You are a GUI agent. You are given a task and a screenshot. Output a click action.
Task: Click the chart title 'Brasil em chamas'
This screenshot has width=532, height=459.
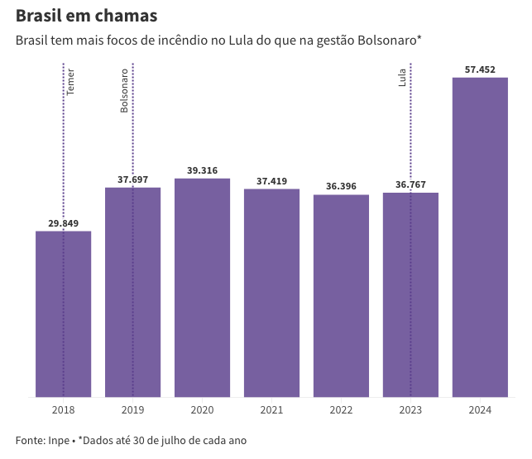pyautogui.click(x=87, y=17)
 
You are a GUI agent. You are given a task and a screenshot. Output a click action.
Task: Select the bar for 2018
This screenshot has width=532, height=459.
pyautogui.click(x=63, y=314)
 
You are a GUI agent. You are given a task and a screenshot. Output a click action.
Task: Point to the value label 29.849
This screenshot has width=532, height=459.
pyautogui.click(x=63, y=223)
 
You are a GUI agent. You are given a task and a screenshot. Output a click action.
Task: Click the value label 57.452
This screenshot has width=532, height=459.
pyautogui.click(x=480, y=69)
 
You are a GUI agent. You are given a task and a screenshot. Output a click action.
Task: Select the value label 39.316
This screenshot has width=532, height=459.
pyautogui.click(x=202, y=170)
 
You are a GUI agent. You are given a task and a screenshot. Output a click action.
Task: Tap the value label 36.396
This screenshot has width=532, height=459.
pyautogui.click(x=341, y=187)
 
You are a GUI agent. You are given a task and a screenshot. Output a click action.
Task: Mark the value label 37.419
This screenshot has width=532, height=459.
pyautogui.click(x=271, y=181)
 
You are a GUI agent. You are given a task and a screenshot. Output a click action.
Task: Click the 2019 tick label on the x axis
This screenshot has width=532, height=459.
pyautogui.click(x=132, y=410)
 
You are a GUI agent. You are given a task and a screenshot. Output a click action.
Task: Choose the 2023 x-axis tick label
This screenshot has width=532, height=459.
pyautogui.click(x=410, y=410)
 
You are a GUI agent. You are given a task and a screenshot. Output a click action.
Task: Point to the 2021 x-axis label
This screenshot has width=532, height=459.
pyautogui.click(x=271, y=410)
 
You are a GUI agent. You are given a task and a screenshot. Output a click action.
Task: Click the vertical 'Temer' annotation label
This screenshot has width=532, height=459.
pyautogui.click(x=70, y=81)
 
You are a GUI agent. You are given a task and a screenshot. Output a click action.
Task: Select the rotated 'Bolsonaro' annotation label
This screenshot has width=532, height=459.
pyautogui.click(x=125, y=90)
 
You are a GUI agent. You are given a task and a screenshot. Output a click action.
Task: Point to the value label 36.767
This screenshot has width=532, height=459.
pyautogui.click(x=410, y=185)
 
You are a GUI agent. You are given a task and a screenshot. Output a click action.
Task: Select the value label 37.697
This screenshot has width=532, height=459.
pyautogui.click(x=132, y=179)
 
